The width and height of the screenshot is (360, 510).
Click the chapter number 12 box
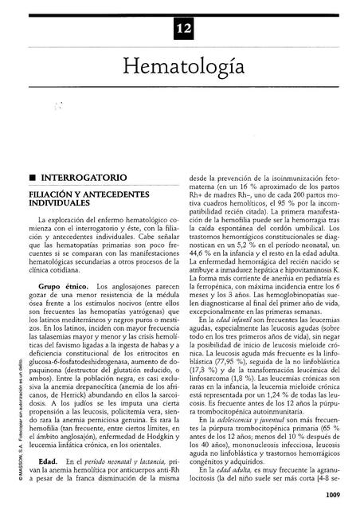click(179, 31)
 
